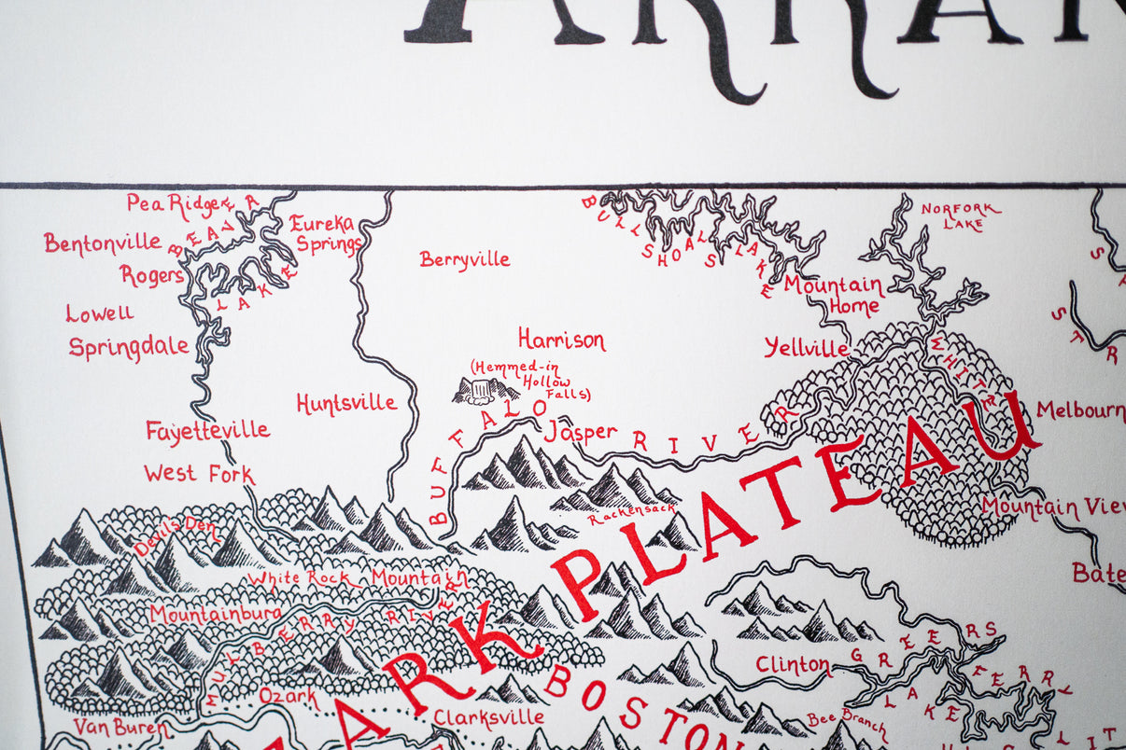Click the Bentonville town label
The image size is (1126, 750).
103,243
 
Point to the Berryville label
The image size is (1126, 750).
465,259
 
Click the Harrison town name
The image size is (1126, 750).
561,340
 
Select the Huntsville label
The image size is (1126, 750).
346,403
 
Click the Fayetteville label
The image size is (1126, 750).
207,430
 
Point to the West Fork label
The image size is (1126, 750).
199,474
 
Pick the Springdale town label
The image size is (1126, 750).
129,347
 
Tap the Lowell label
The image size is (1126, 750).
100,313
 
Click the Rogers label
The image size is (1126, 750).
151,275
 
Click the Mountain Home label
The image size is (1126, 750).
833,295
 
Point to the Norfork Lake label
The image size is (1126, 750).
961,215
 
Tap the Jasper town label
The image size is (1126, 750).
580,432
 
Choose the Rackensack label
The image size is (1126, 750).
631,514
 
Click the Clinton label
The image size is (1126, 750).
793,665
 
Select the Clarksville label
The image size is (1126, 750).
488,716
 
